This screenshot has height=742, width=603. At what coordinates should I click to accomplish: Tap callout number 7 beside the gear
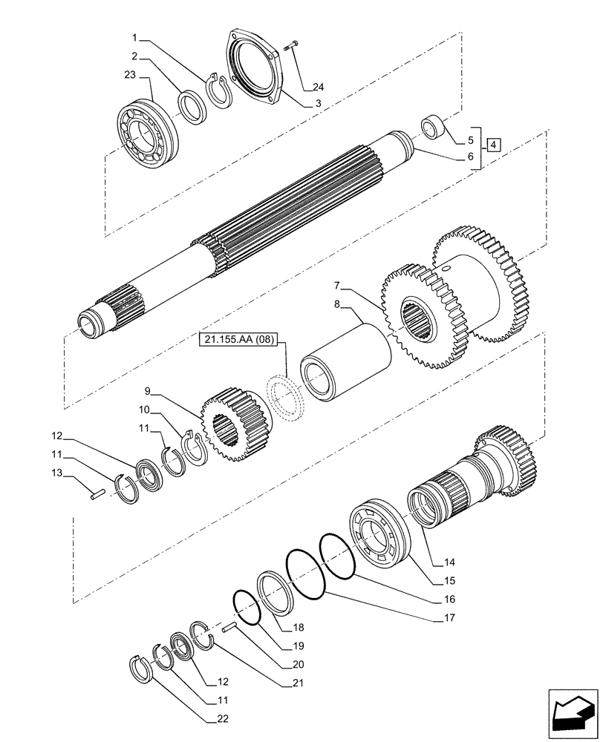click(x=337, y=285)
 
